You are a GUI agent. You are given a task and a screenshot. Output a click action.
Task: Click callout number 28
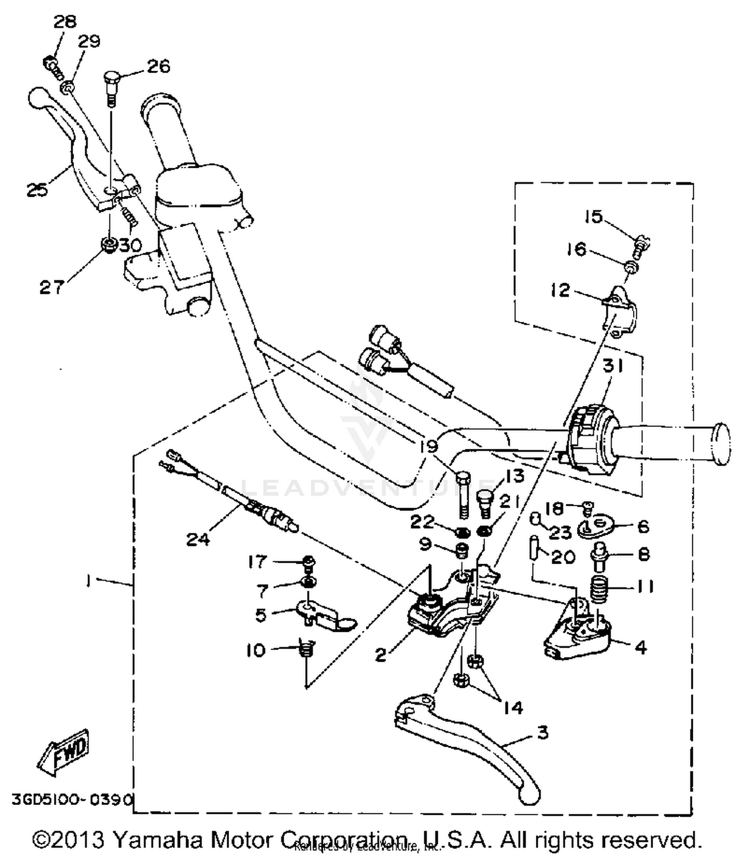point(65,22)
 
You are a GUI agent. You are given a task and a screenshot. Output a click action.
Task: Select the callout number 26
point(158,66)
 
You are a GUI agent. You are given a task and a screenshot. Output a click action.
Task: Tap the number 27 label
point(52,287)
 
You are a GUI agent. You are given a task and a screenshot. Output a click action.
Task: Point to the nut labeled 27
point(108,244)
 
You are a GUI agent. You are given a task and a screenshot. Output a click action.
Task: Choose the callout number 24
point(198,539)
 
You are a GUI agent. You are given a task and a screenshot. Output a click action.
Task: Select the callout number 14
point(512,707)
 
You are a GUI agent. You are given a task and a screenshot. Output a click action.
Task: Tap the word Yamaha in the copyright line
point(158,840)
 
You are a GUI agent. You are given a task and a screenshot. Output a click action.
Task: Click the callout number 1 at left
point(88,581)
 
